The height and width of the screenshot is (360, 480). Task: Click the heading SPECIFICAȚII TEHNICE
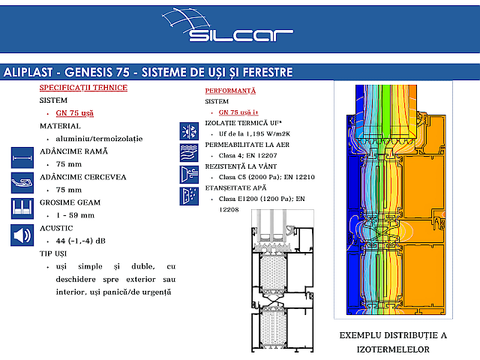coord(83,88)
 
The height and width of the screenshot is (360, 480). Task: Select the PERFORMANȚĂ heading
coord(230,91)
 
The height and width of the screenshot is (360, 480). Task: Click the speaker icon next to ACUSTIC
coord(22,235)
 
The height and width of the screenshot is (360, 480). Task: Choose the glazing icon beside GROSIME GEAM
coord(22,208)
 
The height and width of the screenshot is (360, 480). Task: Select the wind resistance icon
coord(187,175)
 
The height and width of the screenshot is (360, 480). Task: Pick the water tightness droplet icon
coord(187,196)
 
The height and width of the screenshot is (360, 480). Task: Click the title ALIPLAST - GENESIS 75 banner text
coord(148,73)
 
